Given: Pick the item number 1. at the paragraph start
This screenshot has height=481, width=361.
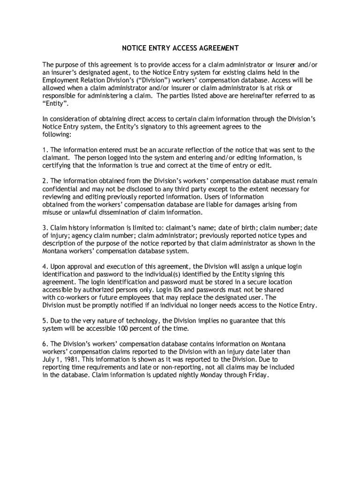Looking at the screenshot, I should pos(45,150).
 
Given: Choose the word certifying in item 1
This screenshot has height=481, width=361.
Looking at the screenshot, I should pos(58,166).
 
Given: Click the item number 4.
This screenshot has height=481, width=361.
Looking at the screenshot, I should pos(45,266).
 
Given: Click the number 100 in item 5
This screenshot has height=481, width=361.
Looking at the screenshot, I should pos(117,328).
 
